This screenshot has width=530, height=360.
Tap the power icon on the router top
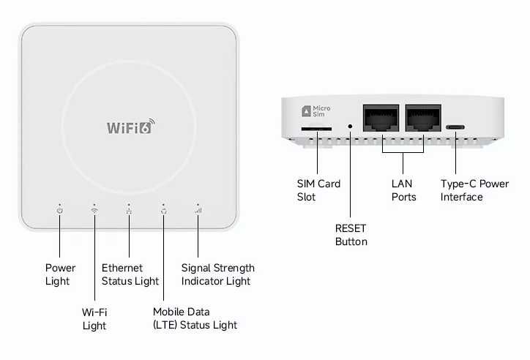(x=60, y=211)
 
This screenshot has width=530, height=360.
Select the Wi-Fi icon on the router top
(x=94, y=211)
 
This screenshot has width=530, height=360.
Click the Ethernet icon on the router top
(x=129, y=211)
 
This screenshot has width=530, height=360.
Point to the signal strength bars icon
(x=198, y=211)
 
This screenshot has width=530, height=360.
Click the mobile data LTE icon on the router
(x=163, y=211)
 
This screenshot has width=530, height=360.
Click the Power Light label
(x=60, y=274)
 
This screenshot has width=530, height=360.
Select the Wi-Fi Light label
(x=94, y=318)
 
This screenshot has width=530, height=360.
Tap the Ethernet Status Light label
(x=130, y=274)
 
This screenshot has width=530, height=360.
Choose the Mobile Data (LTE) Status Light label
(x=195, y=318)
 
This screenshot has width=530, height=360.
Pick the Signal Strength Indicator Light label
(x=218, y=274)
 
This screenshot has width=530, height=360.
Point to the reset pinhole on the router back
(x=350, y=127)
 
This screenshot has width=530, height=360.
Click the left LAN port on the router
(x=381, y=119)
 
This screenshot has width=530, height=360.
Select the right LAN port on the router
(x=424, y=119)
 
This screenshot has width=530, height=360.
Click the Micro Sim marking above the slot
(x=316, y=111)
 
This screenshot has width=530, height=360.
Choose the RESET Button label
(x=351, y=234)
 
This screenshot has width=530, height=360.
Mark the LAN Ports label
(x=403, y=190)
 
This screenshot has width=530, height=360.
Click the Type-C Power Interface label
(x=474, y=190)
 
